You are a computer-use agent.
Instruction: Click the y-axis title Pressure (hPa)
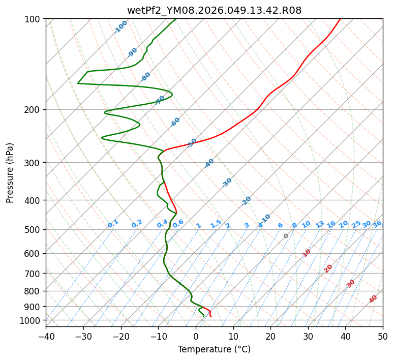point(10,172)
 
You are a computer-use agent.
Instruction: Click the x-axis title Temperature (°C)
point(214,349)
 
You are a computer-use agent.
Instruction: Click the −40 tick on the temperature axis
point(46,336)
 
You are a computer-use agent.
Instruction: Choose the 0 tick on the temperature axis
point(196,336)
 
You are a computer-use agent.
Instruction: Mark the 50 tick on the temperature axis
point(383,336)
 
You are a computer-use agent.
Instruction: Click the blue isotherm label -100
point(120,26)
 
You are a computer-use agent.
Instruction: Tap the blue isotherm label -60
point(175,122)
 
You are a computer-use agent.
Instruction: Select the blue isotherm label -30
point(227,182)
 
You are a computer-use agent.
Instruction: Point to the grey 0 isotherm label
point(286,236)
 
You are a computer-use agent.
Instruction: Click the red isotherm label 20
point(328,268)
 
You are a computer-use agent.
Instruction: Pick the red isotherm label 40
point(373,299)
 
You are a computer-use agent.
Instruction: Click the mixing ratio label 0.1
point(113,224)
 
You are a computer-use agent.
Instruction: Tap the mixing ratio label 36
point(377,224)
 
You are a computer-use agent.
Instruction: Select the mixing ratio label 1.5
point(216,224)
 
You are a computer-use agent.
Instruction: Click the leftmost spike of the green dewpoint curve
point(78,83)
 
